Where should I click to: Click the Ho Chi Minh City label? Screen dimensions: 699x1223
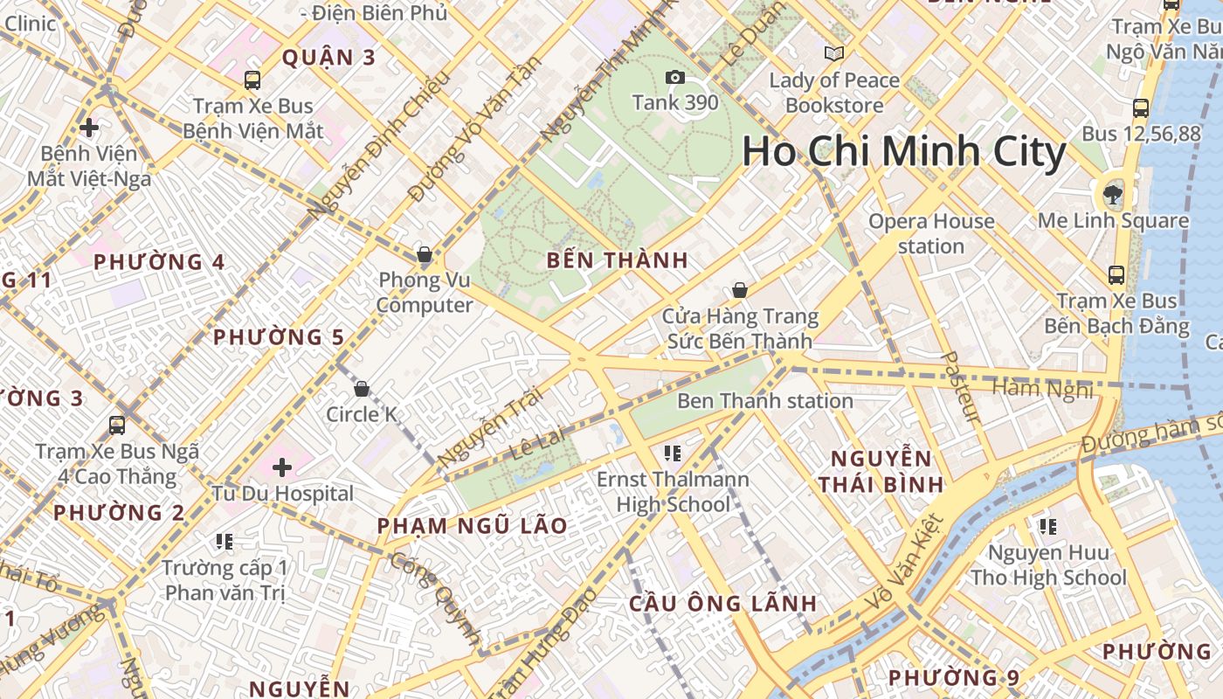(x=904, y=152)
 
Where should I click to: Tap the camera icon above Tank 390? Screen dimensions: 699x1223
(x=674, y=78)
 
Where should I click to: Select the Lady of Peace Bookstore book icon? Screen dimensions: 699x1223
(x=834, y=54)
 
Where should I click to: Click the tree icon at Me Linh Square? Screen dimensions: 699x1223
(x=1113, y=194)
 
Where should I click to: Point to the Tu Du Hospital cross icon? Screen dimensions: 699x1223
(x=281, y=467)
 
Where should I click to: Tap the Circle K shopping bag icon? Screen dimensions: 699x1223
(x=362, y=389)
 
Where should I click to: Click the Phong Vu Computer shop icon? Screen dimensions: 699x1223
(x=424, y=255)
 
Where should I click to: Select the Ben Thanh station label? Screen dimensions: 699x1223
(x=765, y=401)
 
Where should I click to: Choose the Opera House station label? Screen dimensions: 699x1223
(x=930, y=233)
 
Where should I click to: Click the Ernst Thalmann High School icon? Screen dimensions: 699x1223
(x=672, y=453)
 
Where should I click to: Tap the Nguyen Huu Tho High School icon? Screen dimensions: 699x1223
(x=1047, y=527)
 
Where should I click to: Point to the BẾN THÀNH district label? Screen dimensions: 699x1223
(x=618, y=260)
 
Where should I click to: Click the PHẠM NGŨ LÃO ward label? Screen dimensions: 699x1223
(x=472, y=526)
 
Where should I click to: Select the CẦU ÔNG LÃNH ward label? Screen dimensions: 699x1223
(x=723, y=603)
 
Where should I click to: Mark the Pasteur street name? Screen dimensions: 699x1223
(x=962, y=387)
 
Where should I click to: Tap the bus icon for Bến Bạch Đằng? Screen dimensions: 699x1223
(x=1116, y=275)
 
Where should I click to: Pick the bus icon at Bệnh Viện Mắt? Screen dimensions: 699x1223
(x=252, y=80)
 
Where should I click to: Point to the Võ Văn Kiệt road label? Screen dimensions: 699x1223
(x=904, y=564)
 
